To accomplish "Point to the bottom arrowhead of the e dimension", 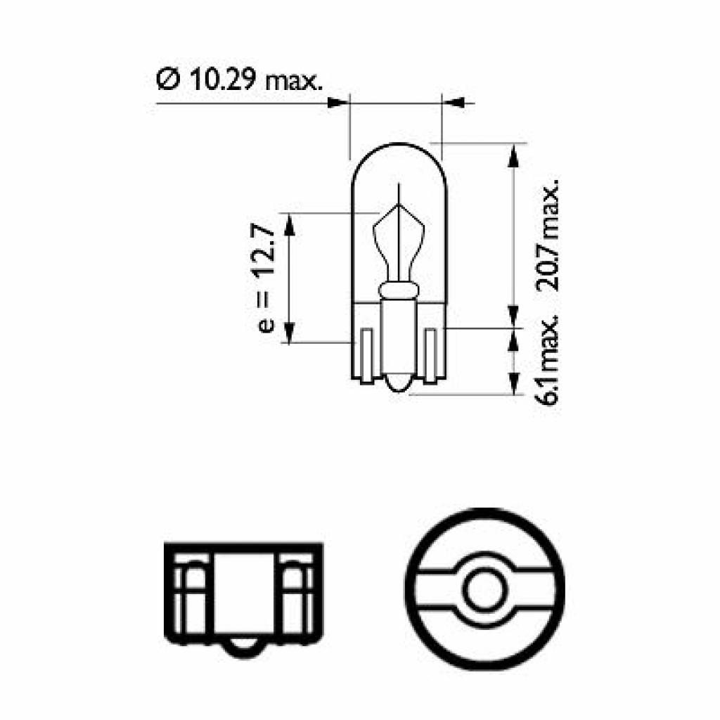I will [289, 331].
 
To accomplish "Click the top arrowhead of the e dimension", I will [289, 223].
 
